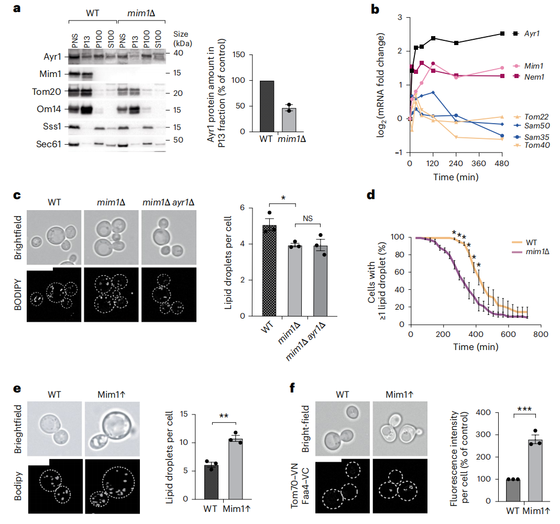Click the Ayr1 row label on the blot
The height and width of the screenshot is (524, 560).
(52, 57)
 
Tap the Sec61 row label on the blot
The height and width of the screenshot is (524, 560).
(49, 144)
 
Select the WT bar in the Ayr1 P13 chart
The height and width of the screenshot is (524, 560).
(267, 106)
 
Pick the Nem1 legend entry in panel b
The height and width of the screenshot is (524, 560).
(529, 77)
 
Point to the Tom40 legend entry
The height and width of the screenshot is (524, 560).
(531, 145)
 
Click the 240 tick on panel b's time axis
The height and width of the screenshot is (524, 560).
(456, 163)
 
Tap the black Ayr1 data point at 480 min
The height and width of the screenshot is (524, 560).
(502, 34)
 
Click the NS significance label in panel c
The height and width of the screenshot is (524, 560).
(308, 218)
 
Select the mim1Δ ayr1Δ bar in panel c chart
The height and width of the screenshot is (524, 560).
(321, 281)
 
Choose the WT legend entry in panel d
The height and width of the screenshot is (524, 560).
(525, 243)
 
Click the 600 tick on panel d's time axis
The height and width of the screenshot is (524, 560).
(508, 334)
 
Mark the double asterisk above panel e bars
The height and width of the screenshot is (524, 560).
(224, 416)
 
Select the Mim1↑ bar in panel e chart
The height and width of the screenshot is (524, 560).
(236, 469)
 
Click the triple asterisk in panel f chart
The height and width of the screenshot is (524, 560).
(525, 409)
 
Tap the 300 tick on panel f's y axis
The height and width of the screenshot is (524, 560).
(484, 435)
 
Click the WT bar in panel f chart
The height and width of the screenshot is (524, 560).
(513, 490)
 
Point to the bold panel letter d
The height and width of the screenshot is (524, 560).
(371, 195)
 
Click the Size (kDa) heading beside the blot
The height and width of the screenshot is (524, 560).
(183, 39)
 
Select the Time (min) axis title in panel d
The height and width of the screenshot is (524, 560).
(476, 347)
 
